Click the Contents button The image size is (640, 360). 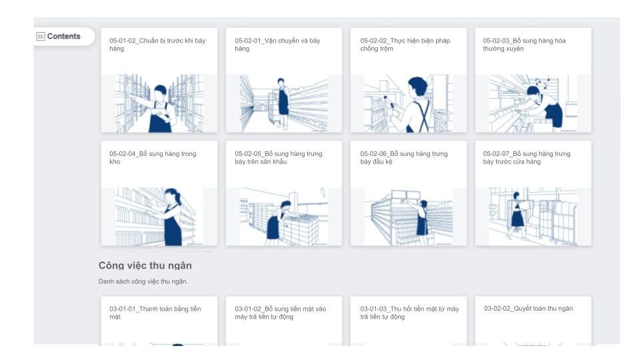tap(64, 36)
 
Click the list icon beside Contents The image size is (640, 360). tap(41, 36)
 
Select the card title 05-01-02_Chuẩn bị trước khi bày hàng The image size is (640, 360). tap(157, 45)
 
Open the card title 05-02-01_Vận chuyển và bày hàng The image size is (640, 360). tap(277, 45)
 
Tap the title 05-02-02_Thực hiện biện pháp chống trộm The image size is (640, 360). tap(405, 45)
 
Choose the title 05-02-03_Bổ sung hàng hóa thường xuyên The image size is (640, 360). tap(524, 45)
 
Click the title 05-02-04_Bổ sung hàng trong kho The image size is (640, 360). tap(153, 157)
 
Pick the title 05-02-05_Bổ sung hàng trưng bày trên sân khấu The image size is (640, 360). tap(279, 157)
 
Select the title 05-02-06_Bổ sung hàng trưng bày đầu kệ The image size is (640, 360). tap(404, 157)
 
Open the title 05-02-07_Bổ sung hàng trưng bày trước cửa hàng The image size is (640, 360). tap(527, 157)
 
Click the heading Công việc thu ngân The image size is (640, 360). tap(145, 266)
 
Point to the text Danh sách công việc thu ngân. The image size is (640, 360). tap(143, 281)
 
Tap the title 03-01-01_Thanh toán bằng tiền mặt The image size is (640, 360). tap(155, 313)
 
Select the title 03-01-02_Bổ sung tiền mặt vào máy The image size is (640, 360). tap(280, 313)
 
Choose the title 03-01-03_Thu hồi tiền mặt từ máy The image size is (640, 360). tap(409, 313)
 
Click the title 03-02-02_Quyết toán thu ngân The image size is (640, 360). tap(528, 309)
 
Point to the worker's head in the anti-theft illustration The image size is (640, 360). tap(417, 87)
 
